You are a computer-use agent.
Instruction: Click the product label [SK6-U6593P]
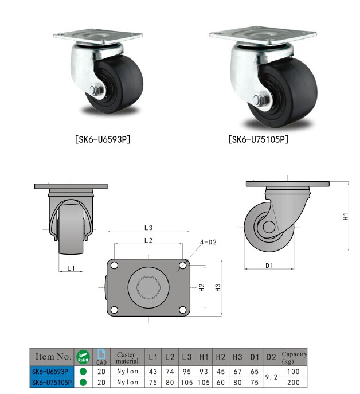click(x=103, y=139)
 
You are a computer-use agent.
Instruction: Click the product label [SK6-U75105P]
click(x=259, y=139)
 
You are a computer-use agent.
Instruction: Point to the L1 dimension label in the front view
click(x=71, y=268)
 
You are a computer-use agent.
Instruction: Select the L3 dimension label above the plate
click(x=148, y=228)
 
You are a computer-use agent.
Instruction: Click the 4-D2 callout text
click(x=208, y=242)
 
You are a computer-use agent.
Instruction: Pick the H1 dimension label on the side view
click(x=346, y=217)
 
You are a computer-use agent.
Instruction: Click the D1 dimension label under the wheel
click(x=269, y=266)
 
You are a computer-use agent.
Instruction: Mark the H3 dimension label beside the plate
click(x=218, y=287)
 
